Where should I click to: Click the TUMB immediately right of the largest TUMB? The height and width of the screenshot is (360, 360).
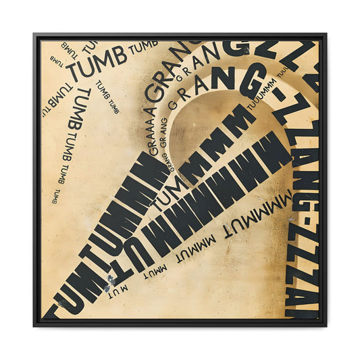(143, 49)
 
